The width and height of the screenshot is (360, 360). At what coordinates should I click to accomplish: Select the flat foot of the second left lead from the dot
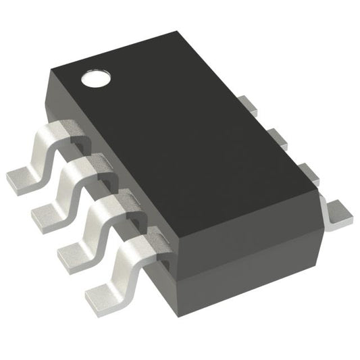tap(45, 215)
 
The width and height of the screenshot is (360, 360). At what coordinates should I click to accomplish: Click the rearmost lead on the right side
tap(251, 105)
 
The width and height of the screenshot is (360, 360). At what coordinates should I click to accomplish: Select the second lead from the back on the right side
tap(277, 138)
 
